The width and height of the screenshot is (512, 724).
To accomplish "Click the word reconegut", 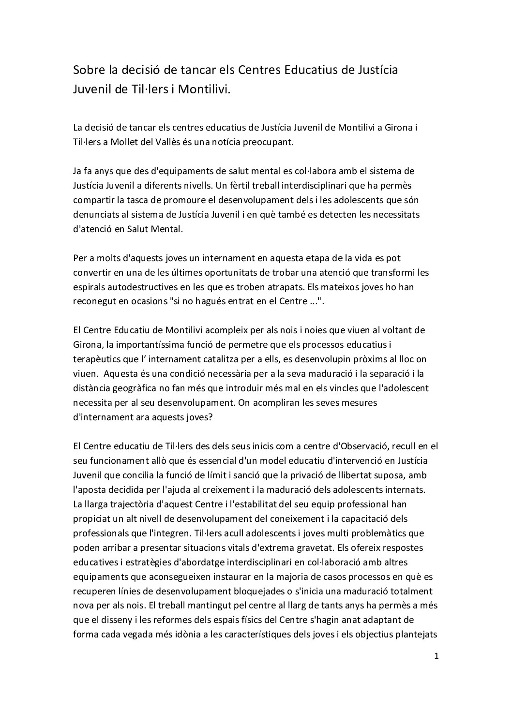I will [95, 301].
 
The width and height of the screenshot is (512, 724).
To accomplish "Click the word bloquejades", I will [247, 591].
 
